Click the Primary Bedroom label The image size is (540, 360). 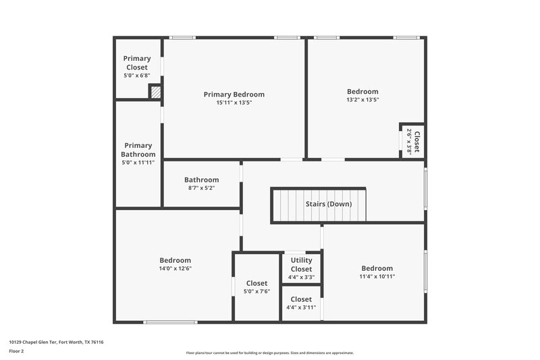[x=234, y=95]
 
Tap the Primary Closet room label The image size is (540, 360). [x=137, y=63]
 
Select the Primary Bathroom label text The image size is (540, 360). [x=138, y=150]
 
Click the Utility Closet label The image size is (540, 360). [x=301, y=265]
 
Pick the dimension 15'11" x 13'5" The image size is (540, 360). [x=234, y=103]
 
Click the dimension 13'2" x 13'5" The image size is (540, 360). [x=362, y=100]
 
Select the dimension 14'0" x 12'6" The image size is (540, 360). [x=175, y=268]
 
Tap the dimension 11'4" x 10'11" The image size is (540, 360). [x=377, y=276]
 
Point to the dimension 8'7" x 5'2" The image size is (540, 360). [x=201, y=188]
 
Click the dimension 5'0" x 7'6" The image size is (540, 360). [x=256, y=292]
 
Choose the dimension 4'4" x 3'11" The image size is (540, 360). [x=301, y=308]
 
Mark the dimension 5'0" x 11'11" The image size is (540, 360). [x=138, y=163]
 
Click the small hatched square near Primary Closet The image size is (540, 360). [x=155, y=93]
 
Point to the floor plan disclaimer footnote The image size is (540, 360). [x=269, y=353]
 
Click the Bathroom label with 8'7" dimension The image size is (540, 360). [x=201, y=180]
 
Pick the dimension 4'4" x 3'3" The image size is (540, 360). [x=301, y=277]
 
